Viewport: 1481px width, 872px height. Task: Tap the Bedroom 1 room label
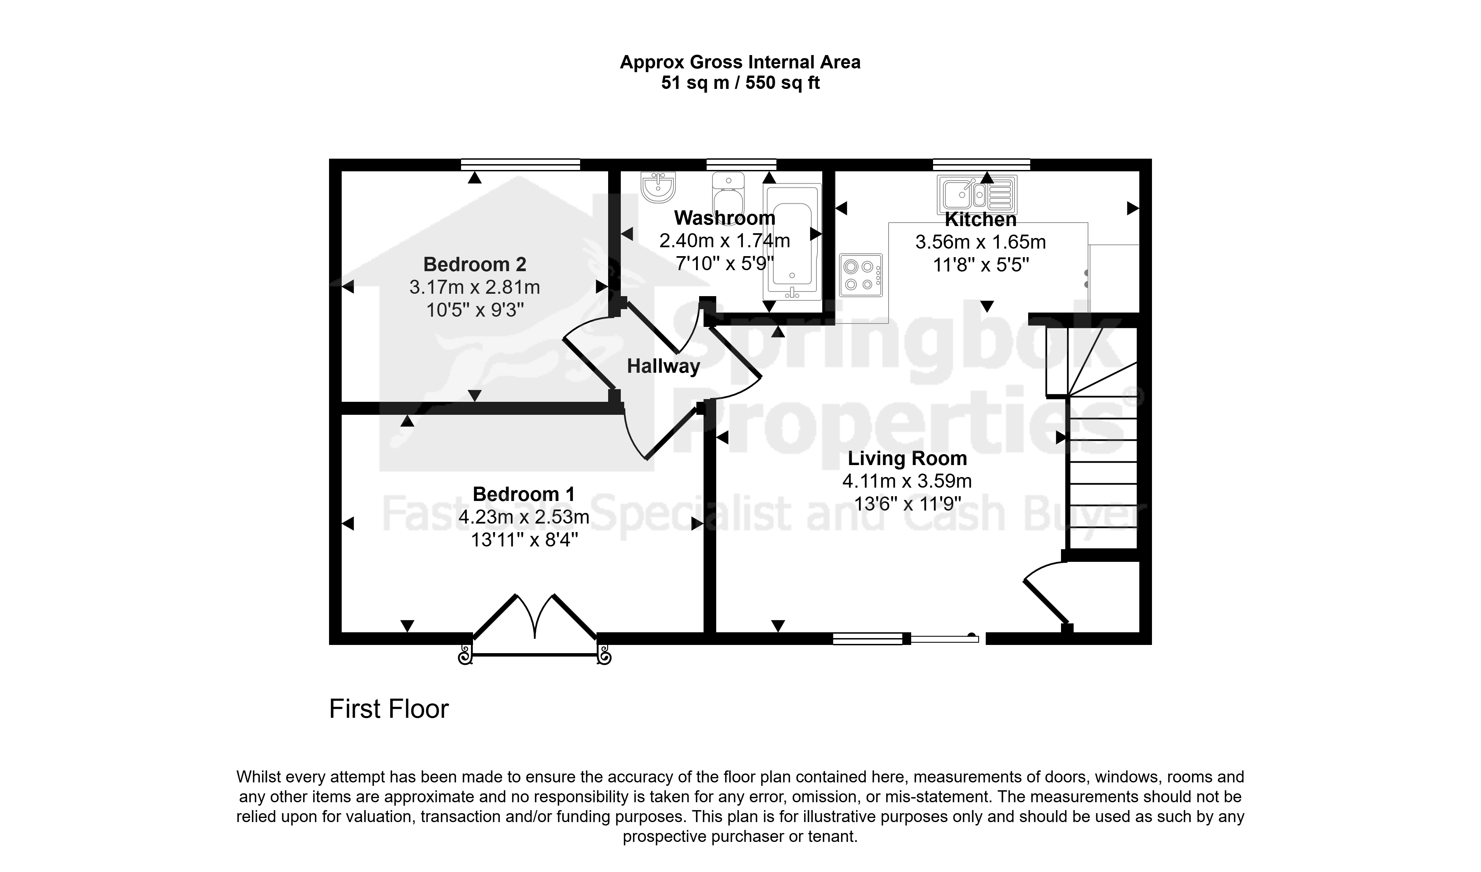524,494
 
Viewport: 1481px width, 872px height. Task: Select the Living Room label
907,458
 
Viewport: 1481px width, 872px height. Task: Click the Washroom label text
725,218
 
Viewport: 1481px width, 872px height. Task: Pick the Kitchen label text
980,220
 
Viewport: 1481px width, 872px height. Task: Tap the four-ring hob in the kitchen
861,275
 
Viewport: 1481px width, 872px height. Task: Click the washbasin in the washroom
658,186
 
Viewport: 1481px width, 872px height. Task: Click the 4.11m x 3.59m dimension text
907,481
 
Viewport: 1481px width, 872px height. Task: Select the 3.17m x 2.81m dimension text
474,287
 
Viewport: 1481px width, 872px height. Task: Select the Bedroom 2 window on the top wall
520,164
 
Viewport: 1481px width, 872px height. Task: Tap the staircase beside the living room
1092,438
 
